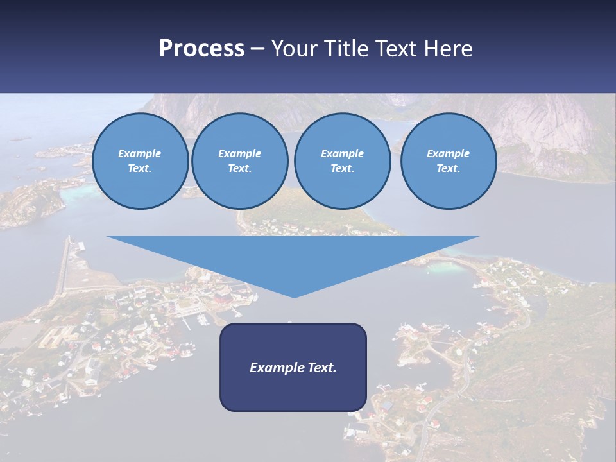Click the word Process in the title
[x=201, y=49]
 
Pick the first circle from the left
[x=140, y=161]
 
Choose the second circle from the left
[x=239, y=161]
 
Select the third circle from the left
[x=342, y=161]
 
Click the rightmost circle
[x=448, y=161]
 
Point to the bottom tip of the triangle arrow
[x=294, y=296]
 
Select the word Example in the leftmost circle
[x=140, y=153]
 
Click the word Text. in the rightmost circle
[x=448, y=169]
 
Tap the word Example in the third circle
[x=342, y=153]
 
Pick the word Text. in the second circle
[x=239, y=169]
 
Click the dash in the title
[x=258, y=49]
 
